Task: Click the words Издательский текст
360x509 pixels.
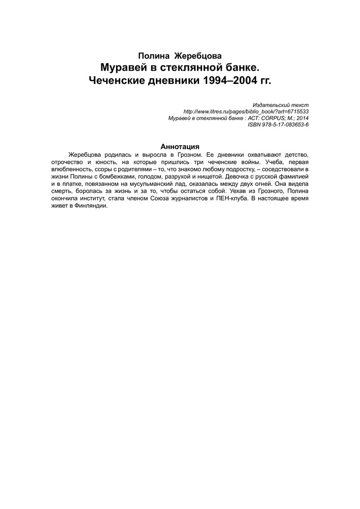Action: click(x=281, y=104)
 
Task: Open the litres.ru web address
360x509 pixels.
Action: click(x=246, y=111)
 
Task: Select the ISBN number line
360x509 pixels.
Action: click(x=278, y=124)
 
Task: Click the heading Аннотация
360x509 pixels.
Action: click(x=180, y=147)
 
